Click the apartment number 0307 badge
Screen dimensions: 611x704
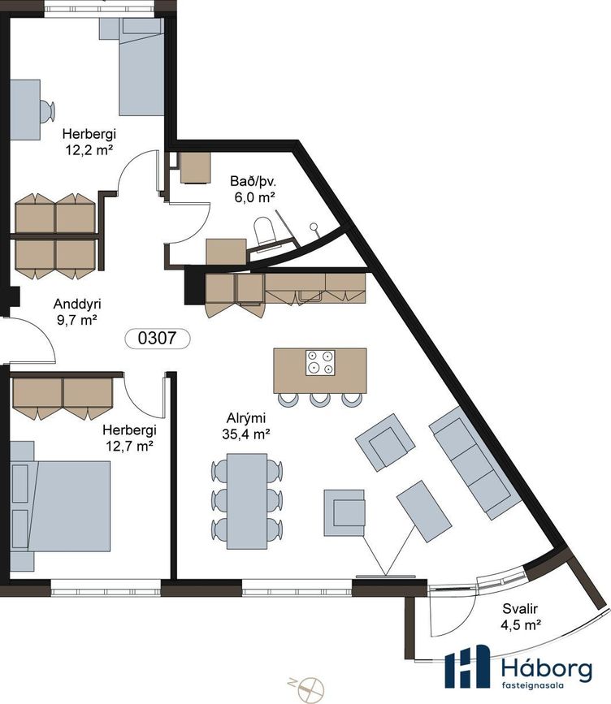158,338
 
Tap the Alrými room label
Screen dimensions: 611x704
245,418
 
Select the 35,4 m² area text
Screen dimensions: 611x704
245,434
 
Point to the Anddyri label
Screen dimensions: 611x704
77,304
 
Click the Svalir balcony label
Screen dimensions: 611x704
520,609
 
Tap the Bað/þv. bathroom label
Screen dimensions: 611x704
253,181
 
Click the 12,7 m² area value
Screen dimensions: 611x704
129,447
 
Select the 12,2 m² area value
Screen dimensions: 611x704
89,150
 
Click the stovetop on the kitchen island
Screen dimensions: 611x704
320,363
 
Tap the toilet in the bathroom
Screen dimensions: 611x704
264,231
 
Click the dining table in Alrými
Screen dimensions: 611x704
247,501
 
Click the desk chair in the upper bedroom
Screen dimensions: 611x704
47,110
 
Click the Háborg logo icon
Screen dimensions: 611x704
467,666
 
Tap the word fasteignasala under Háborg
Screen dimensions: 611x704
532,685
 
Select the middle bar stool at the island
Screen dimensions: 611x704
319,400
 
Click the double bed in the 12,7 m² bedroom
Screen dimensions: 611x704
60,506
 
